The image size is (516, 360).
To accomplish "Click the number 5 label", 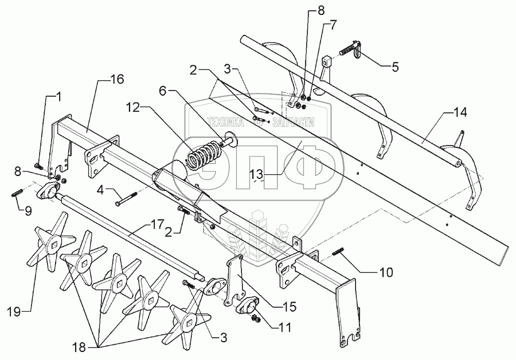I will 395,66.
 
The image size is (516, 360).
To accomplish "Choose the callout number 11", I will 284,328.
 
